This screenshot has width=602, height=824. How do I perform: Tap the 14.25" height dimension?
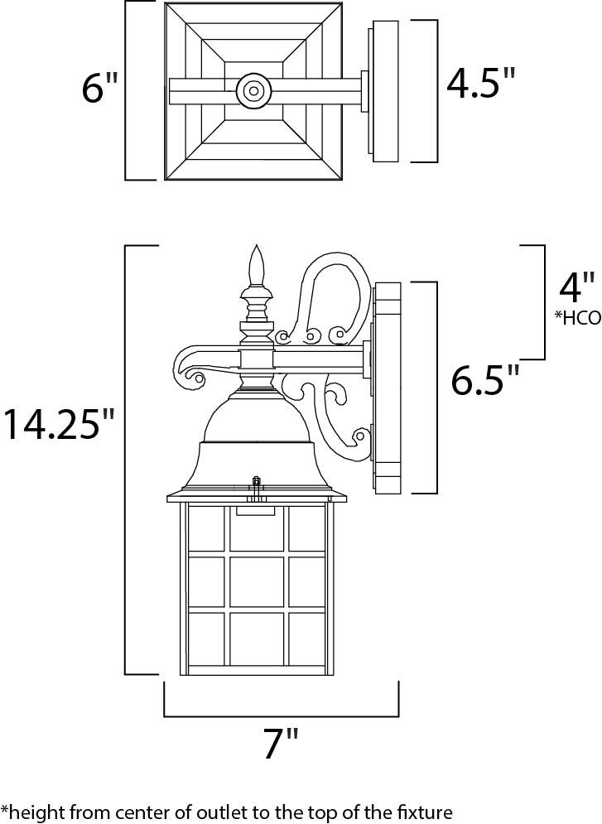pyautogui.click(x=58, y=424)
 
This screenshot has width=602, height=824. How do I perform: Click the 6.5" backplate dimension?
pyautogui.click(x=485, y=381)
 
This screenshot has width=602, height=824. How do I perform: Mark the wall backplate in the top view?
pyautogui.click(x=385, y=90)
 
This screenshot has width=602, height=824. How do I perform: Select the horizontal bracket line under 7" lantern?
pyautogui.click(x=281, y=714)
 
